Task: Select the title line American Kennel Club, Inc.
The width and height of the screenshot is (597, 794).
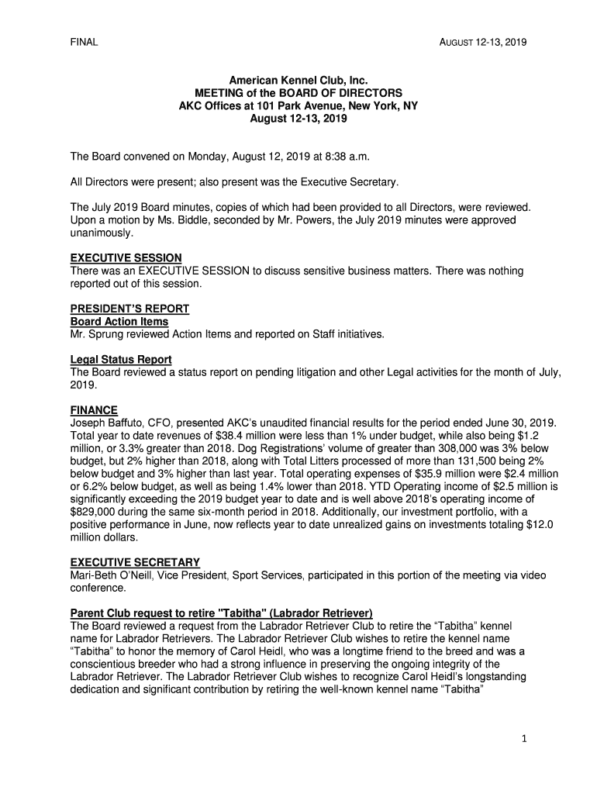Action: [x=298, y=80]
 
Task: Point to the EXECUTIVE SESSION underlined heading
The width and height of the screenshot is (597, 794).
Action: [x=126, y=257]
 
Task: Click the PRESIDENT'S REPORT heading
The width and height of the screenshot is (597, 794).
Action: [x=129, y=309]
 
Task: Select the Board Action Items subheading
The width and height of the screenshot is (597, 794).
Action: [x=119, y=321]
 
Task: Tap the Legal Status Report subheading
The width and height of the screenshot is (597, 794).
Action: [x=121, y=359]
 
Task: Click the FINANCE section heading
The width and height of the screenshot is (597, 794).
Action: [x=94, y=409]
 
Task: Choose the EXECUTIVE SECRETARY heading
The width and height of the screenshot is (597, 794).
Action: [x=135, y=562]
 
